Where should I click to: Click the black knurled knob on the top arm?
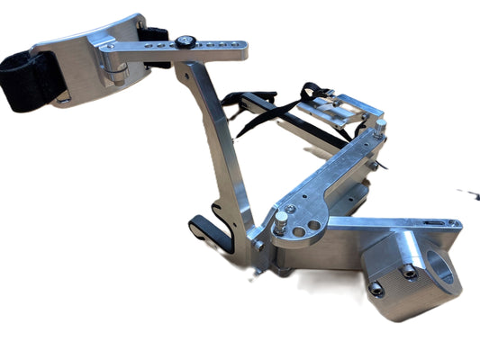[x=185, y=40]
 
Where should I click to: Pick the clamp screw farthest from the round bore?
[x=376, y=289]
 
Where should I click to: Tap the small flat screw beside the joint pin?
[x=298, y=213]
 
